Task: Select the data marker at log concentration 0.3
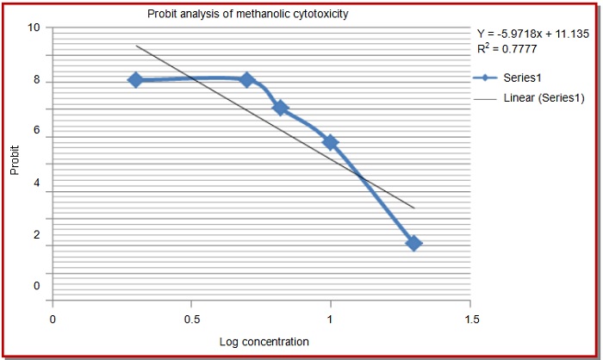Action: (135, 79)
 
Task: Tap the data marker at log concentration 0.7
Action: (246, 80)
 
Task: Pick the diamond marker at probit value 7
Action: (280, 108)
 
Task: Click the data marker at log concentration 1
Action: (330, 142)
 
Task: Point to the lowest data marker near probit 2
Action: (413, 243)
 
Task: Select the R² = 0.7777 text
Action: (505, 49)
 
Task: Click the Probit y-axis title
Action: (15, 160)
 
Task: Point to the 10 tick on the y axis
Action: (34, 28)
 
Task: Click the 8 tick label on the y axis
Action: (36, 81)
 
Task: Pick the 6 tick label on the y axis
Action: (36, 131)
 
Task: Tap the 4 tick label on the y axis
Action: (36, 183)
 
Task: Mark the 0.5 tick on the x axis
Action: (191, 317)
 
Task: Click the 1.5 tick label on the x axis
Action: (470, 317)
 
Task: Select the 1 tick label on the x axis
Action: (331, 317)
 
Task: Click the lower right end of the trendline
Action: (413, 207)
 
